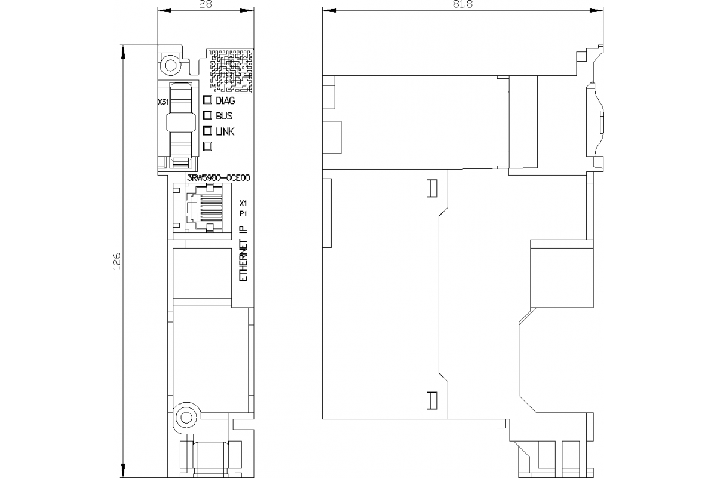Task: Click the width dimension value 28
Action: coord(204,4)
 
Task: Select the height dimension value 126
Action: coord(117,261)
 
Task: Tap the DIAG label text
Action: coord(225,101)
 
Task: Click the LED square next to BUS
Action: coord(208,116)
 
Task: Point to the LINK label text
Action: coord(225,131)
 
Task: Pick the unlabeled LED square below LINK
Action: coord(208,146)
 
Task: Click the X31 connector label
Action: coord(163,102)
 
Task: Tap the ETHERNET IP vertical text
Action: coord(243,255)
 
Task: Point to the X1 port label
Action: coord(243,202)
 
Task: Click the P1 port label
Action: coord(243,213)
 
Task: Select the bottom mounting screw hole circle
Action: coord(186,417)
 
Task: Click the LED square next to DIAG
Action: coord(208,100)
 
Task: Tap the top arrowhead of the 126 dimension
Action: coord(124,51)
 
